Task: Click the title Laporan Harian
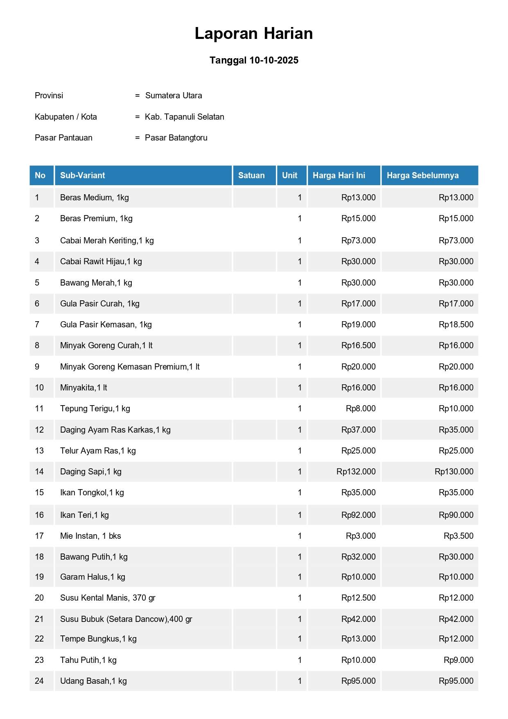tap(253, 34)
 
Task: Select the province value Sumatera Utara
tap(174, 95)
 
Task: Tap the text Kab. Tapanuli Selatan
tap(184, 117)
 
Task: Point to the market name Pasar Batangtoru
tap(176, 138)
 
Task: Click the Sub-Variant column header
tap(83, 175)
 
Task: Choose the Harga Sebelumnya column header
tap(422, 175)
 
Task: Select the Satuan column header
tap(251, 175)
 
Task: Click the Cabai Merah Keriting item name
tap(107, 240)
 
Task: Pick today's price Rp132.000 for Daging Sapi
tap(356, 472)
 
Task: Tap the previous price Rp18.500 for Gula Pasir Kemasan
tap(456, 324)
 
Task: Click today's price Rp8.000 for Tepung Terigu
tap(360, 408)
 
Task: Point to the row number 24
tap(39, 681)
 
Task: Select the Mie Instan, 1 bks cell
tap(90, 536)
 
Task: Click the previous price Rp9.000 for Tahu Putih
tap(458, 660)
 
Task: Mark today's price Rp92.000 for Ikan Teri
tap(358, 515)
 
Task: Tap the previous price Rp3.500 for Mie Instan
tap(458, 536)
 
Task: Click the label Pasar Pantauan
tap(63, 138)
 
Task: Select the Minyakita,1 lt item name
tap(84, 388)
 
